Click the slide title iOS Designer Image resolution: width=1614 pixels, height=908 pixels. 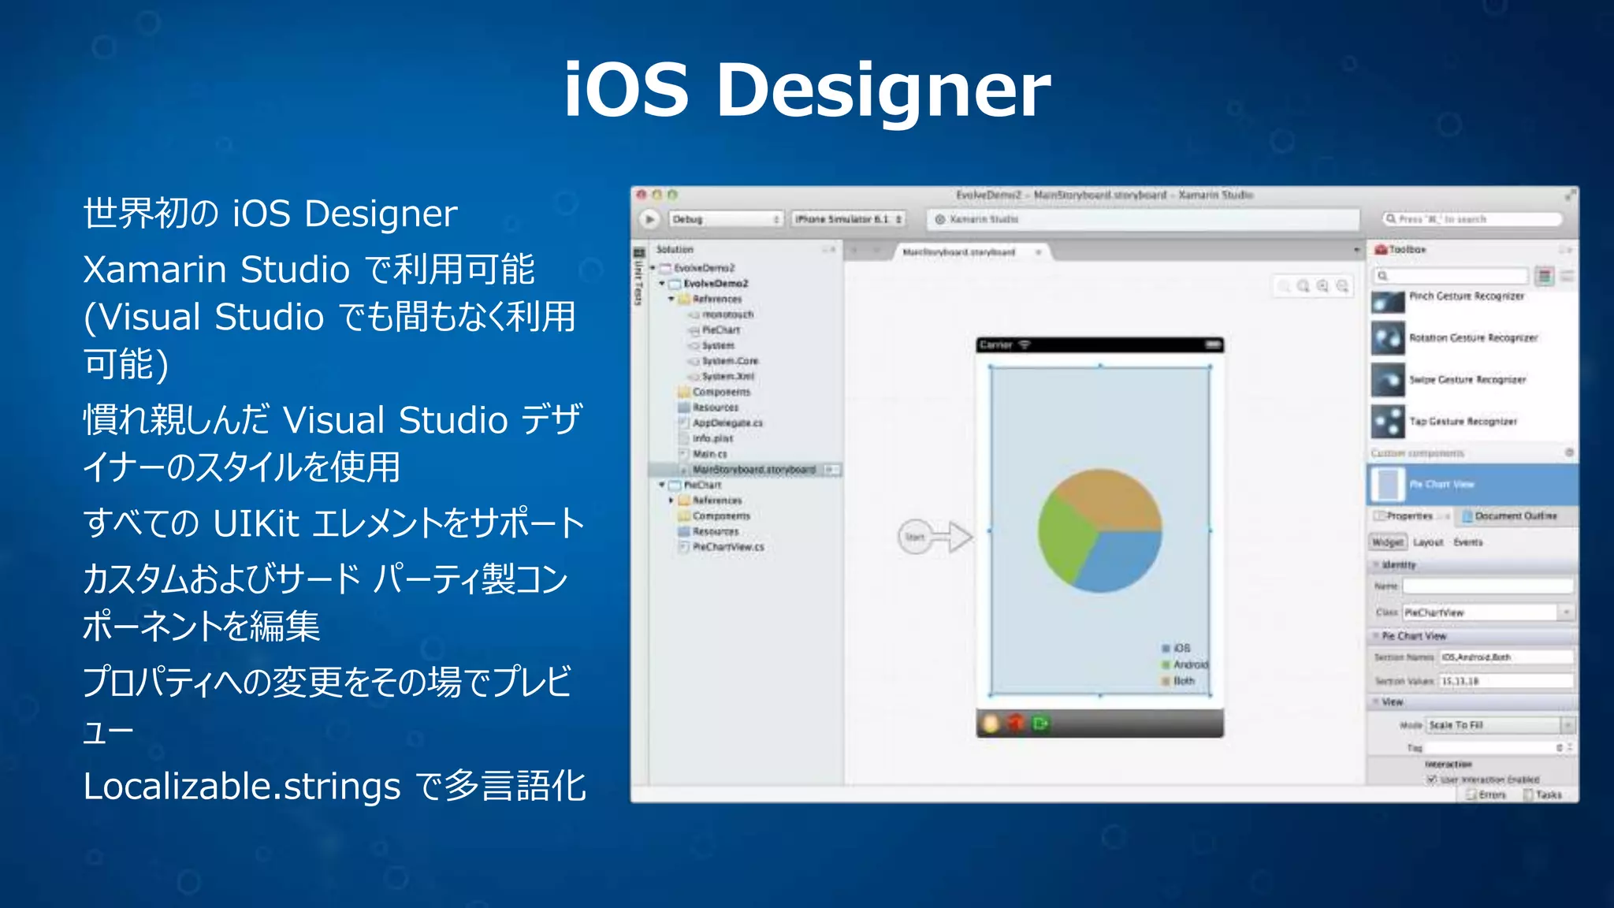(807, 90)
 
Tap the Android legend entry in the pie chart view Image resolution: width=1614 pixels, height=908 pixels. (1188, 664)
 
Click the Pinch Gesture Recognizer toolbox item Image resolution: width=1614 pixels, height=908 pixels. (1466, 297)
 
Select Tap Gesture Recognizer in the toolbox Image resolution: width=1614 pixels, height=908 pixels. (1462, 422)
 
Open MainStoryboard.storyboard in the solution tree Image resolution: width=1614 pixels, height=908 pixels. (753, 470)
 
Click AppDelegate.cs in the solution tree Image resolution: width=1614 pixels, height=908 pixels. (727, 423)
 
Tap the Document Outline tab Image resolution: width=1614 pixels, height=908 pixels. (1515, 516)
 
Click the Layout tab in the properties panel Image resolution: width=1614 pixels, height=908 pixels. (1428, 542)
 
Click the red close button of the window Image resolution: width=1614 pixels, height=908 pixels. (642, 195)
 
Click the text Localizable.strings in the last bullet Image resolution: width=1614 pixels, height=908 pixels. (242, 787)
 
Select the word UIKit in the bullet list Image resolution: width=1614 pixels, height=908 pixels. (256, 523)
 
